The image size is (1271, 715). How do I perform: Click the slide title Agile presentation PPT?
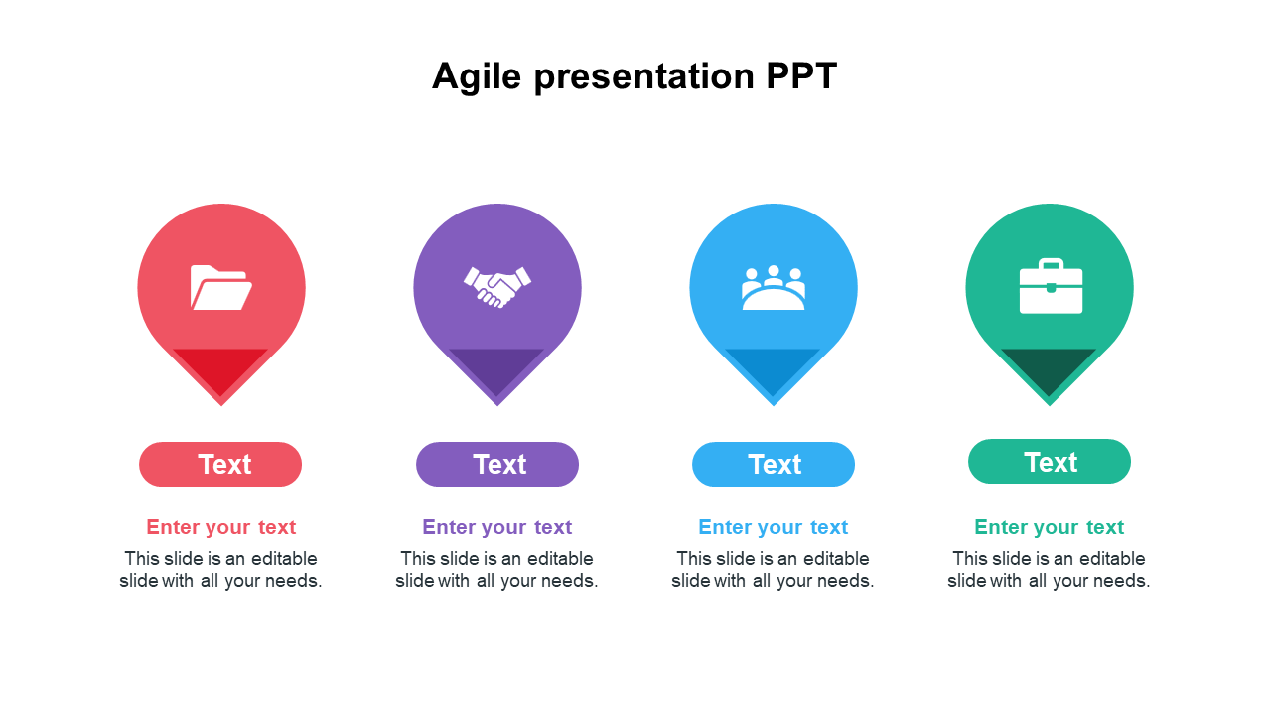635,76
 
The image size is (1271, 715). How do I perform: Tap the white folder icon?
220,287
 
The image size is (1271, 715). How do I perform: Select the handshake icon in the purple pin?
497,287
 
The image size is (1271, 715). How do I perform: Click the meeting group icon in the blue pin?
773,287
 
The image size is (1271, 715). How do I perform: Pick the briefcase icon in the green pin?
1051,286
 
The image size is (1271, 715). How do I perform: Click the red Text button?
220,464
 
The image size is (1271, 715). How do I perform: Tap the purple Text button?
497,464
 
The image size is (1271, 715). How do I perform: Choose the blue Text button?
773,464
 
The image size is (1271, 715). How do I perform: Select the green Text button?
1050,462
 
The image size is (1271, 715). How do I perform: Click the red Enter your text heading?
220,527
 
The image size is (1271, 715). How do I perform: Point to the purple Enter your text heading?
497,527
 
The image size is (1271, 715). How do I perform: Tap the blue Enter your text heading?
773,527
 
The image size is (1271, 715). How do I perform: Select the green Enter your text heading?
1050,527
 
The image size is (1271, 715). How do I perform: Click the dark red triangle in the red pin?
220,366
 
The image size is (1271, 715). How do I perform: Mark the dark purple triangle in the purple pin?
496,366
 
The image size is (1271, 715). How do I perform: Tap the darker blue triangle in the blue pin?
773,366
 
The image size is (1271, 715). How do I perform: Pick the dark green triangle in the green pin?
1049,366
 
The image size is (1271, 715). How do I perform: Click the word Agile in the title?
477,77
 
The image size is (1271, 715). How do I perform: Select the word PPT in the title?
801,75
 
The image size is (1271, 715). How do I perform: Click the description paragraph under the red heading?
220,570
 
